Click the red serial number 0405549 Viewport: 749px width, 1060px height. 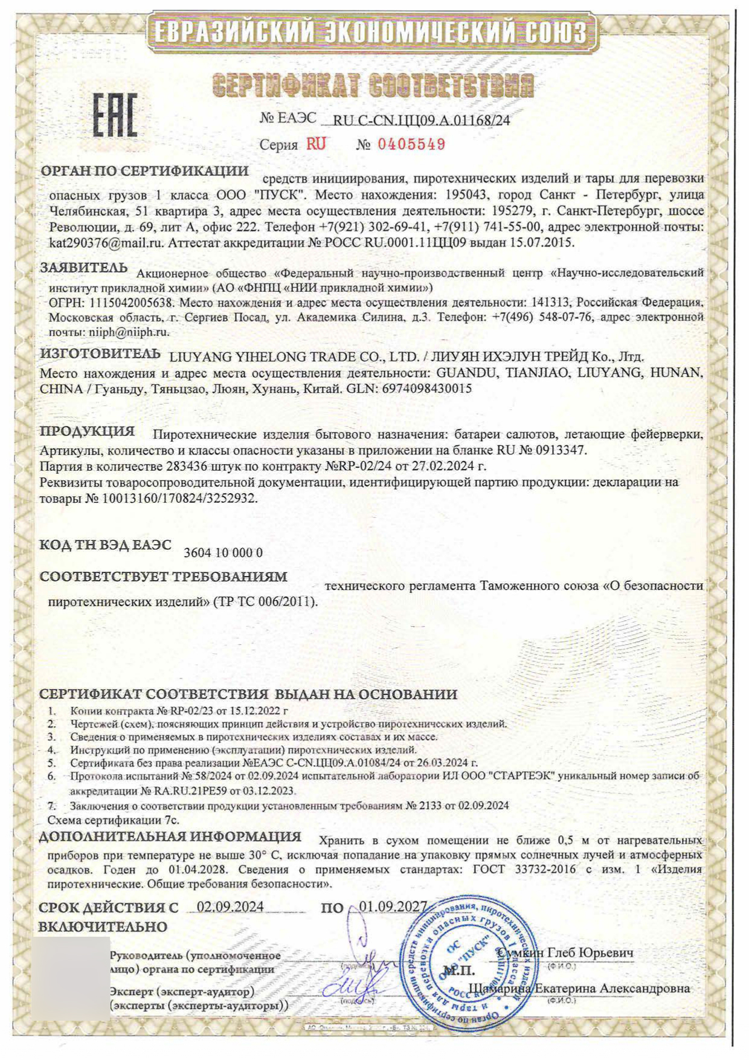pyautogui.click(x=411, y=144)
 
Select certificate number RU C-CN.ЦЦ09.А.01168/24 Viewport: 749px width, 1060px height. pyautogui.click(x=422, y=120)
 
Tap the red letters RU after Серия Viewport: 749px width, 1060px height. pyautogui.click(x=316, y=144)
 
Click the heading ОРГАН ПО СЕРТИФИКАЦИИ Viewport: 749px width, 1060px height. pyautogui.click(x=144, y=171)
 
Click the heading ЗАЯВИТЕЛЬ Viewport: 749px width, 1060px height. pyautogui.click(x=84, y=268)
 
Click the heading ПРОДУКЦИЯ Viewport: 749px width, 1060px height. pyautogui.click(x=88, y=431)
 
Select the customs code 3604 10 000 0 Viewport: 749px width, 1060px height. pyautogui.click(x=223, y=552)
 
